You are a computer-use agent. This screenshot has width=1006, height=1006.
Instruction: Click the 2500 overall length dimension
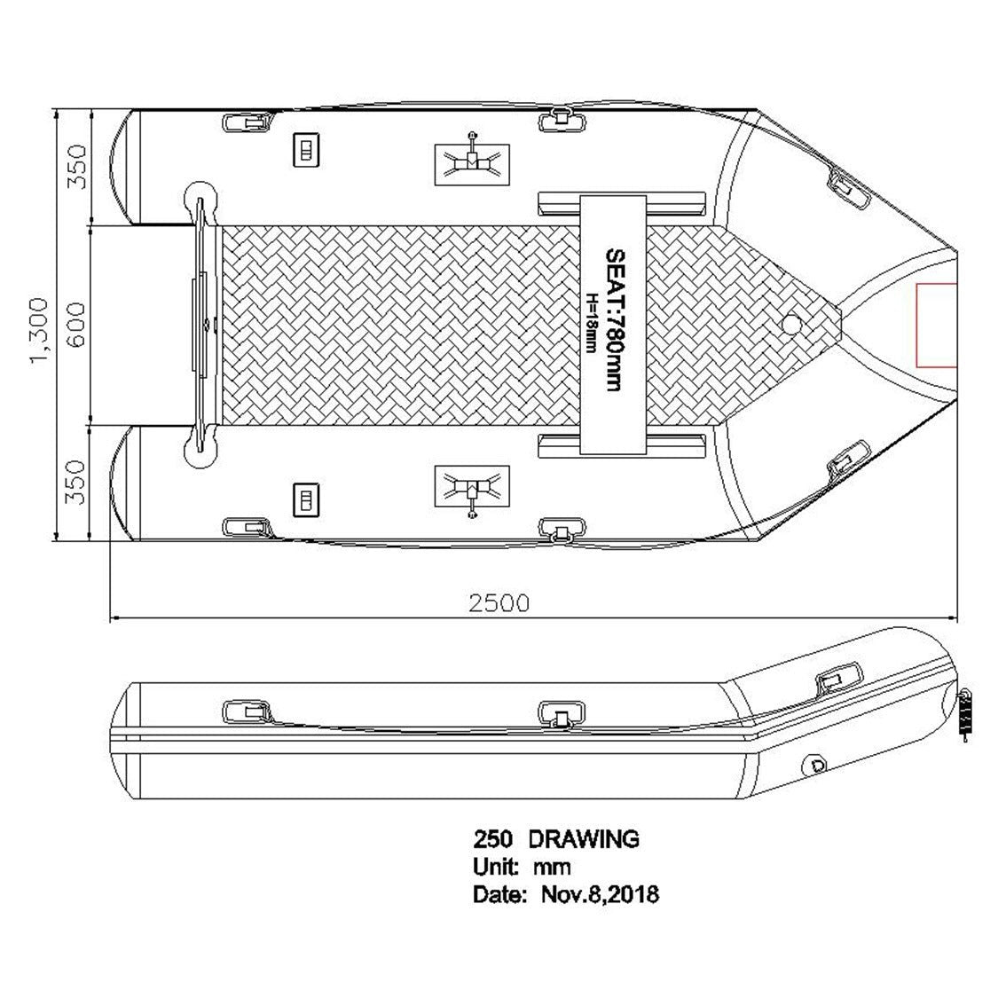point(499,603)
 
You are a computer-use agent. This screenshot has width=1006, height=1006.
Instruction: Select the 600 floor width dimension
point(75,325)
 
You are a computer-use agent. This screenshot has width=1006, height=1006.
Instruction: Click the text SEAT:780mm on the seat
point(614,320)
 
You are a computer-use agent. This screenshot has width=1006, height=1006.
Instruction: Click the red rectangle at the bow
point(937,326)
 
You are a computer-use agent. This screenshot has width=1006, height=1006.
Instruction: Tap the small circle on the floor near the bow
point(792,325)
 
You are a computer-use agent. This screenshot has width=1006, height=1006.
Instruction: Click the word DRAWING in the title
point(583,839)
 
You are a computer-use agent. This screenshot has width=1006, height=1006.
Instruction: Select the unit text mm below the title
point(552,868)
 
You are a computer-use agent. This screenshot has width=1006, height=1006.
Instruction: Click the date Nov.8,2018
point(600,894)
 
